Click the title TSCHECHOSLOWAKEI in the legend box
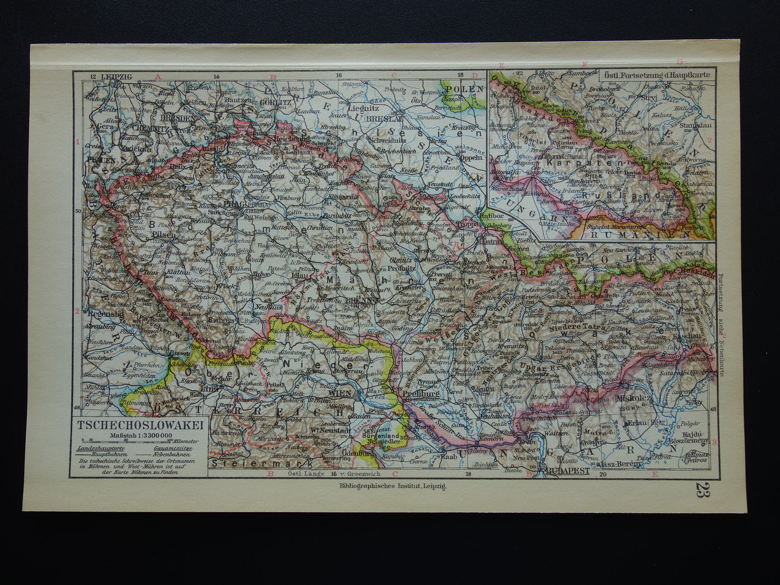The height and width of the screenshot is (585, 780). pos(140,425)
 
